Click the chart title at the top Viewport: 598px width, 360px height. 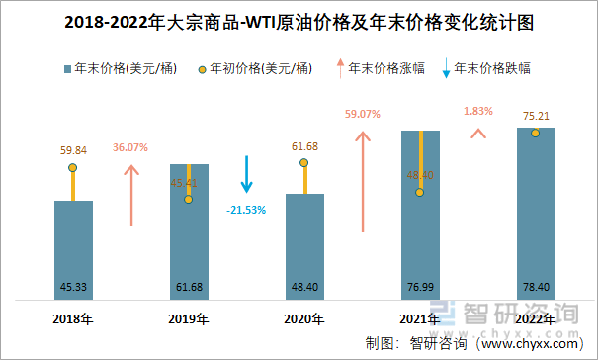299,21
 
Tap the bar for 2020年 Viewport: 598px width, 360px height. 304,247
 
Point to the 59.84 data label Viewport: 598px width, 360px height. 73,150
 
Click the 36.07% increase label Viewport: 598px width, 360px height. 129,147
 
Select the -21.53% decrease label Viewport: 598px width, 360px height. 246,210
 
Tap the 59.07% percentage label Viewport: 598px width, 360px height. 362,115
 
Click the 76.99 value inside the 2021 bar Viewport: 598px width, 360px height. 420,288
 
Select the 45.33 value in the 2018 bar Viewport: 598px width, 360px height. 72,288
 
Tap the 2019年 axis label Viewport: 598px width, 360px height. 189,318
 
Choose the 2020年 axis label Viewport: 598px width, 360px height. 304,318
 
